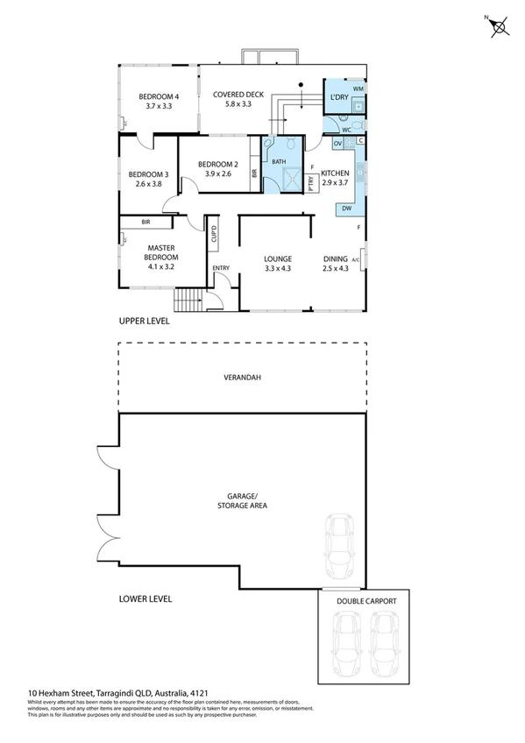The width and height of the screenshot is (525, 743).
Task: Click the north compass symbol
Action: click(500, 27)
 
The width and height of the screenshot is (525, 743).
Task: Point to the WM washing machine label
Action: click(358, 89)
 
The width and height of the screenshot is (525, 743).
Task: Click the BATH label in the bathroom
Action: click(279, 162)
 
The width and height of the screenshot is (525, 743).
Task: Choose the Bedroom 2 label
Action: click(218, 164)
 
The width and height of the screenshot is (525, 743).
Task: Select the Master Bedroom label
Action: click(162, 252)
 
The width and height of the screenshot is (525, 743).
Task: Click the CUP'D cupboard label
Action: click(213, 235)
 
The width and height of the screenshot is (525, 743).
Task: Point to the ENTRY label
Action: click(220, 268)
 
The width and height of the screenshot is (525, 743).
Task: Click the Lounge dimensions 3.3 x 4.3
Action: click(277, 269)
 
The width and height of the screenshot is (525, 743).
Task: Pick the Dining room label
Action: click(337, 258)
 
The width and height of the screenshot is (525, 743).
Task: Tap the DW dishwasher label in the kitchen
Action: click(347, 209)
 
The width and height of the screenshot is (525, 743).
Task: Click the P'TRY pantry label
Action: click(310, 182)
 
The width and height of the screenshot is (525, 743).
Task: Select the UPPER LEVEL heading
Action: click(144, 322)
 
